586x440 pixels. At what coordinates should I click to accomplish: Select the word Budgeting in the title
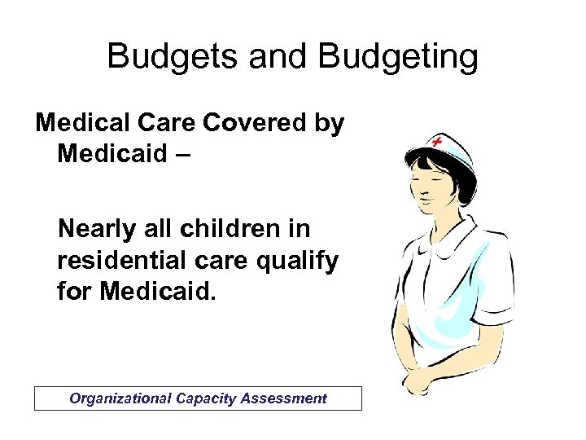(x=399, y=57)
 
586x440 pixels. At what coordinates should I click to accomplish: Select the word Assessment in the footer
(x=284, y=398)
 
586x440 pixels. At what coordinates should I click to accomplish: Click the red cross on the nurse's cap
(x=437, y=142)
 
